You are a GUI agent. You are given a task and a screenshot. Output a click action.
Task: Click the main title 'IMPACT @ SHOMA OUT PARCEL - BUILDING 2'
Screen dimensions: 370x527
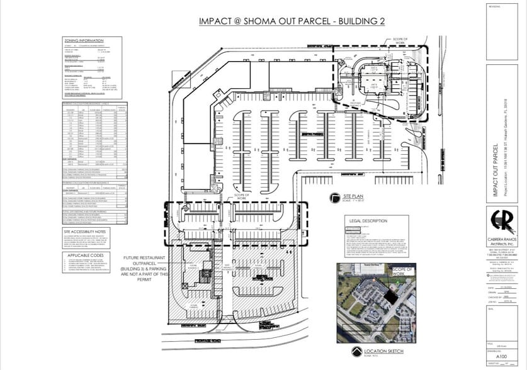pyautogui.click(x=292, y=21)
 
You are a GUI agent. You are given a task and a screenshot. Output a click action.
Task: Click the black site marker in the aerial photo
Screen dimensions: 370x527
pyautogui.click(x=393, y=294)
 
